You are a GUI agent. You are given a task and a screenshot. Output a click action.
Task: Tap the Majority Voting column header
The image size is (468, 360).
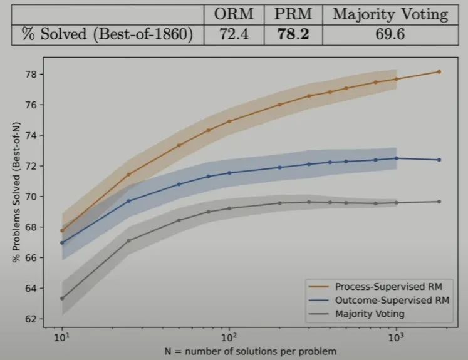pyautogui.click(x=390, y=14)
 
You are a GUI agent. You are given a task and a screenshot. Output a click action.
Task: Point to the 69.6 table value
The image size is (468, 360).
pyautogui.click(x=390, y=35)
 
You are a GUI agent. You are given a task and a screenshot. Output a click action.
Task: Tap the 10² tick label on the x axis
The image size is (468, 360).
pyautogui.click(x=229, y=337)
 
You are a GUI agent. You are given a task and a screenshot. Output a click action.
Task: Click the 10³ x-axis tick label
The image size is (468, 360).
pyautogui.click(x=396, y=337)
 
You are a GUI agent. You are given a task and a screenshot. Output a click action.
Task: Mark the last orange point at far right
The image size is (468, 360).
pyautogui.click(x=439, y=71)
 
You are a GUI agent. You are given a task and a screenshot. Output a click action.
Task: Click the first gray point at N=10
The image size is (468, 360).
pyautogui.click(x=62, y=298)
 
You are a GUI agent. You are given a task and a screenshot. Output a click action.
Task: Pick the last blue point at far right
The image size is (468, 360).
pyautogui.click(x=439, y=160)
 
